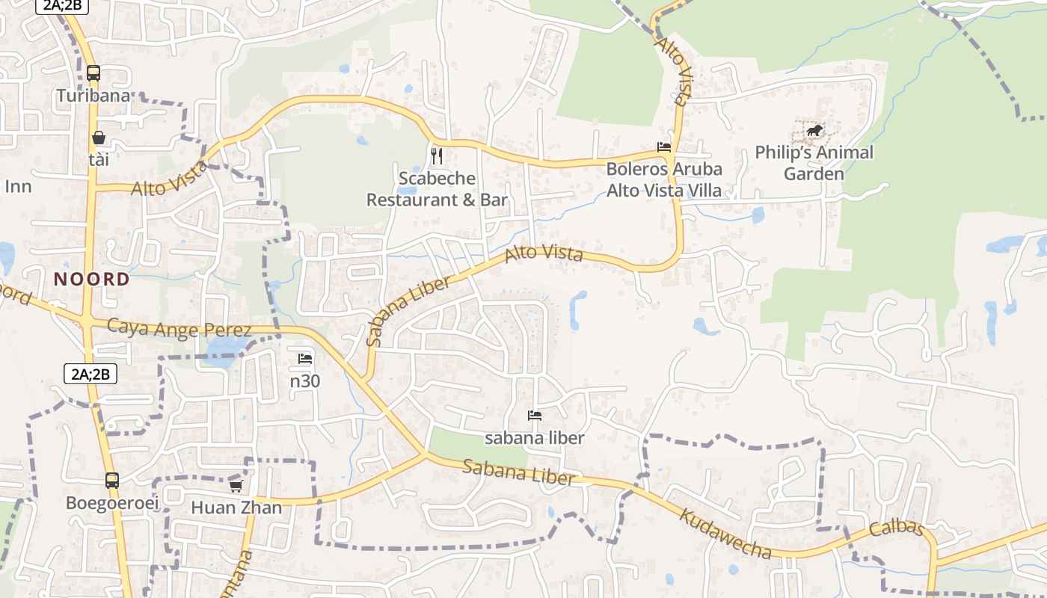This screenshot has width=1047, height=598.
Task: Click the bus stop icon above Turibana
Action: pos(93,73)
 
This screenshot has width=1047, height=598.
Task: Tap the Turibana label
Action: pos(93,96)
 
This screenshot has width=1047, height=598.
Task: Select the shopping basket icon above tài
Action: pos(98,138)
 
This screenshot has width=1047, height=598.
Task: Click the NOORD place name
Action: pos(92,280)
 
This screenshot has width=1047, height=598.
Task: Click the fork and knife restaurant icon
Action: pos(437,155)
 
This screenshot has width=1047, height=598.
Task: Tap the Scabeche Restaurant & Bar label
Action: pos(437,189)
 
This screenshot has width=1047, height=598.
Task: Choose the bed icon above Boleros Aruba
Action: pos(663,147)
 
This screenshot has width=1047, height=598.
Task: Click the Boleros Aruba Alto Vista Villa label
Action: pos(664,179)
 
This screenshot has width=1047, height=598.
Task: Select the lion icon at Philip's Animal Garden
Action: pos(814,132)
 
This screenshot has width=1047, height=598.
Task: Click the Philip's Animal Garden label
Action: pos(814,163)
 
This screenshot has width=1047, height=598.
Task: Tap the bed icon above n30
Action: pos(304,360)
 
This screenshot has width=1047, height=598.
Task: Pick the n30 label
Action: pos(305,380)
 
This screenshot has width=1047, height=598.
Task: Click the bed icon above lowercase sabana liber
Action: pos(534,416)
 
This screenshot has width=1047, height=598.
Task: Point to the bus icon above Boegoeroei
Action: pos(112,481)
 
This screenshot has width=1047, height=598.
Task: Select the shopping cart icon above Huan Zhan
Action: pos(236,486)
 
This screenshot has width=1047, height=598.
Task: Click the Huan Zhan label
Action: pos(236,508)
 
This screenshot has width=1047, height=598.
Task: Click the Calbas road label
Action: pos(897,528)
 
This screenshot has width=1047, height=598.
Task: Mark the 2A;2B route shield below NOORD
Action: pos(90,374)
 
